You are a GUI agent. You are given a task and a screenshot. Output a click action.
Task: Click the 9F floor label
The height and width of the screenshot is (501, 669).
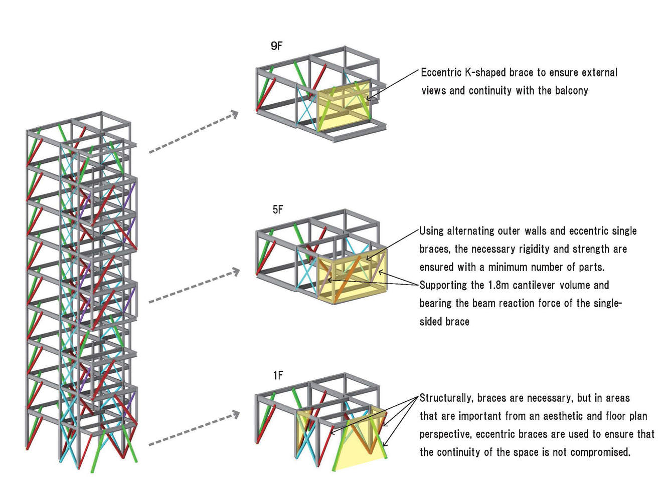(x=276, y=46)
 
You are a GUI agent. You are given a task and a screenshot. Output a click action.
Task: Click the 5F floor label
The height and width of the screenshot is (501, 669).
(x=278, y=209)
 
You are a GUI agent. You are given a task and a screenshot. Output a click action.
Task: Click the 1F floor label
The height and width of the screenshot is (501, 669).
(x=278, y=375)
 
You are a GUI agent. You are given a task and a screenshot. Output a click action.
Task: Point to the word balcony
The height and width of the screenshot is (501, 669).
(x=571, y=91)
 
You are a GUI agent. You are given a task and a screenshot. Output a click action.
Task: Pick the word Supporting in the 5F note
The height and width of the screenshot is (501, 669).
(x=443, y=285)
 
